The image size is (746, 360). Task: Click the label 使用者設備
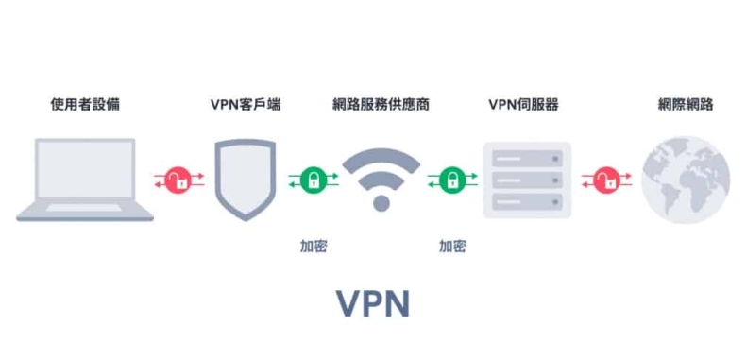point(85,104)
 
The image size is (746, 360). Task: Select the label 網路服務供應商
point(381,104)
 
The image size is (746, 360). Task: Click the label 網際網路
point(686,104)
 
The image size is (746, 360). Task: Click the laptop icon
point(85,180)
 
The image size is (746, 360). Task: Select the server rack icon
point(527,180)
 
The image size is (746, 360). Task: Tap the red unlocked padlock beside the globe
point(601,179)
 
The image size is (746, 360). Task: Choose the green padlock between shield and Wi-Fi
point(313,179)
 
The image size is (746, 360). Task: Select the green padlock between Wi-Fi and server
point(451,179)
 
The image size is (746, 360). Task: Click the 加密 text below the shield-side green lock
point(314,246)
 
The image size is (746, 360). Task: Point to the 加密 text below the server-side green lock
point(452,246)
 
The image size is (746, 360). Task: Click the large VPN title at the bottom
point(374,303)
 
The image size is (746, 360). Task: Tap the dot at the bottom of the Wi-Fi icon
point(381,203)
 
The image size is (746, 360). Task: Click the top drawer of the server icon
point(527,156)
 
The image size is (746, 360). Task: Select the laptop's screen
point(85,174)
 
